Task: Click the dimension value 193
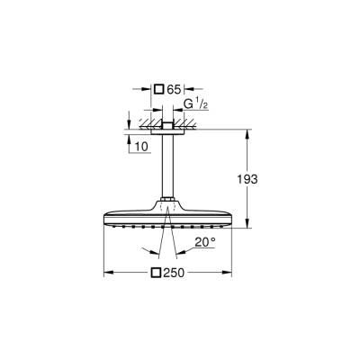[x=247, y=180]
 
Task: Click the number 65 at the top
[x=176, y=89]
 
